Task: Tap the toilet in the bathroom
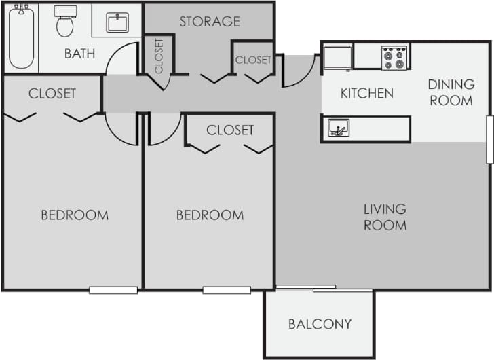[x=65, y=22]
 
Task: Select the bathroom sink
[x=117, y=22]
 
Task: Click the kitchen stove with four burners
[x=394, y=57]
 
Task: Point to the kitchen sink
[x=339, y=127]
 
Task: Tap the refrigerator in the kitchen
[x=337, y=57]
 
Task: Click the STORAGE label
[x=210, y=22]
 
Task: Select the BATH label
[x=80, y=54]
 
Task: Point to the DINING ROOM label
[x=451, y=92]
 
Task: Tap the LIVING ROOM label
[x=385, y=217]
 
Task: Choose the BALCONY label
[x=320, y=324]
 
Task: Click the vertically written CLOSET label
[x=159, y=56]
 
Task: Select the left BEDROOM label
[x=75, y=215]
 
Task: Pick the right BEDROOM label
[x=210, y=215]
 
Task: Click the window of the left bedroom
[x=113, y=290]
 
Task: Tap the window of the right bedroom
[x=227, y=290]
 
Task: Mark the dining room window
[x=489, y=139]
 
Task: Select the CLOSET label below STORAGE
[x=253, y=60]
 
